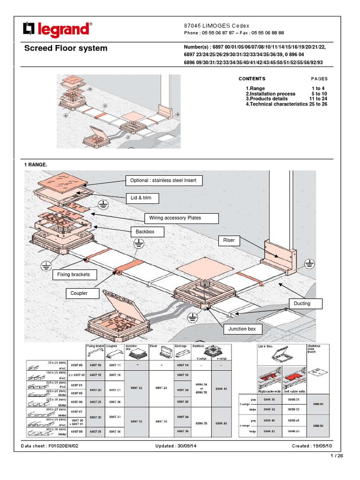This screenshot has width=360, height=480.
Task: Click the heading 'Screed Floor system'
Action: (66, 48)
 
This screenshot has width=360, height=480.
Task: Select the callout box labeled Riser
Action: (230, 240)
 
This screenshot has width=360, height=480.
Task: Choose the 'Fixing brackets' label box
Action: (74, 275)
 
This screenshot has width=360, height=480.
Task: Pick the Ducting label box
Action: (302, 304)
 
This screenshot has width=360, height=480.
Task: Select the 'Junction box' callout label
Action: (242, 329)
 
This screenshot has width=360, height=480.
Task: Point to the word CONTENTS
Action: (252, 79)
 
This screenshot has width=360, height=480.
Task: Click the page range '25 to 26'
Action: (318, 104)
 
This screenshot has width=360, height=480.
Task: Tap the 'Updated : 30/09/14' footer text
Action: (176, 446)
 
